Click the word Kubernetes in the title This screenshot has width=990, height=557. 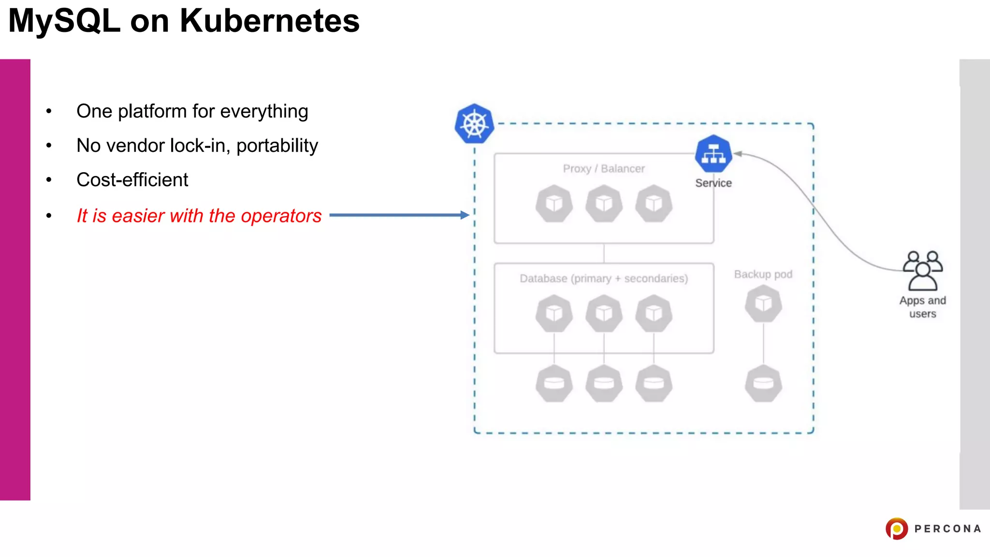tap(269, 21)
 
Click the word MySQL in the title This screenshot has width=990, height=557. tap(64, 21)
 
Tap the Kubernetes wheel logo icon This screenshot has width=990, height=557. tap(474, 124)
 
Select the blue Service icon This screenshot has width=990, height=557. tap(713, 154)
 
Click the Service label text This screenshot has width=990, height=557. tap(713, 183)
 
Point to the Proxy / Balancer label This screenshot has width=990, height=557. tap(603, 169)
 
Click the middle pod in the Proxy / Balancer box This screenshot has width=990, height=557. tap(604, 204)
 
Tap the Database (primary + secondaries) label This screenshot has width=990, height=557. tap(603, 278)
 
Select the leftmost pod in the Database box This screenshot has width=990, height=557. tap(554, 314)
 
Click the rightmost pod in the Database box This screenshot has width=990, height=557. tap(654, 314)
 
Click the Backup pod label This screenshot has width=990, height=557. tap(763, 274)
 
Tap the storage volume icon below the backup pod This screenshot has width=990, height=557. tap(763, 383)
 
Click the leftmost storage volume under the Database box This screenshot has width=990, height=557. tap(554, 383)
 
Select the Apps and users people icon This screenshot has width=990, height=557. tap(922, 271)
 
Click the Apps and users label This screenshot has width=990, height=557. tap(922, 307)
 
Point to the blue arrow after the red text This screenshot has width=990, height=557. tap(399, 215)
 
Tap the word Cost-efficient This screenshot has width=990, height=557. tap(132, 180)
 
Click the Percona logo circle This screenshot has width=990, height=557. tap(896, 528)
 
